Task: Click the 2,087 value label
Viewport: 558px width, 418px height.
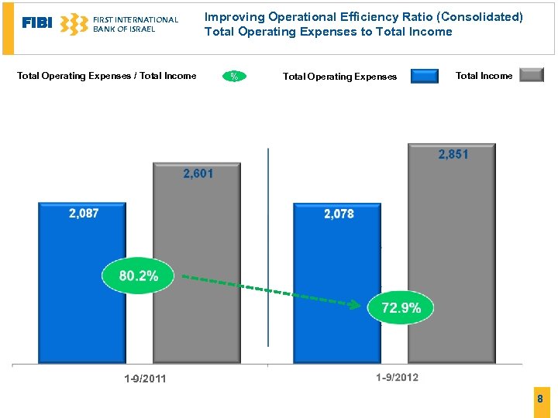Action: click(x=84, y=214)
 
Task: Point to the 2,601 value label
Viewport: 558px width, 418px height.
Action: click(x=198, y=174)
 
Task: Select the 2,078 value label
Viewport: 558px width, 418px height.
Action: click(x=339, y=214)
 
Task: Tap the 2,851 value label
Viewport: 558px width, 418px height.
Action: click(x=453, y=155)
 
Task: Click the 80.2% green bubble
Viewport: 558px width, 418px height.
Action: click(x=139, y=276)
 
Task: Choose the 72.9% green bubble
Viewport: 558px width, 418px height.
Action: click(x=401, y=308)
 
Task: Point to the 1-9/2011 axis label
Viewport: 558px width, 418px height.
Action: click(x=145, y=379)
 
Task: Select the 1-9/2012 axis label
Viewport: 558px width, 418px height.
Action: click(x=397, y=378)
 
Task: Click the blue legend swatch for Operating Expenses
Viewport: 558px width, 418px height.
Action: click(x=424, y=76)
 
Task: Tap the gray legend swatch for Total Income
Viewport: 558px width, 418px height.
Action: click(x=531, y=75)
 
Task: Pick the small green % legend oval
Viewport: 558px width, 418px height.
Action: click(x=233, y=76)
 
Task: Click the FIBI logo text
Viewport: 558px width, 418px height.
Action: click(x=36, y=23)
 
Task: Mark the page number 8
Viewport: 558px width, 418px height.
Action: click(x=541, y=399)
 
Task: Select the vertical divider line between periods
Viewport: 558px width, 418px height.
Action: click(x=268, y=248)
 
